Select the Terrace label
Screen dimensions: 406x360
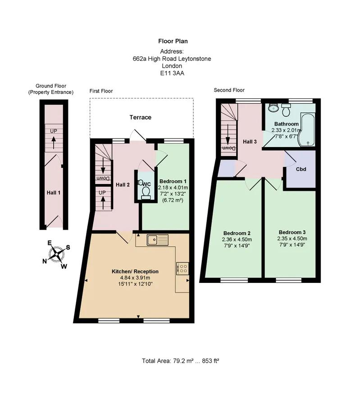tap(141, 117)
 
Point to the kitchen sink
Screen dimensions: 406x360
tap(157, 240)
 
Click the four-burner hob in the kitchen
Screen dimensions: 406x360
tap(183, 268)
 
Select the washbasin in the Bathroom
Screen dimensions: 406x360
tap(273, 108)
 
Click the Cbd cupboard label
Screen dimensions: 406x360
tap(301, 170)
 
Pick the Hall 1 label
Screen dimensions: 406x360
tap(53, 193)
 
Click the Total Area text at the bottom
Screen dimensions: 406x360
tap(180, 361)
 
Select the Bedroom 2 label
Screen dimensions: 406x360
tap(237, 232)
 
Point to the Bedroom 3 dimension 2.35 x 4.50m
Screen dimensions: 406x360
tap(292, 239)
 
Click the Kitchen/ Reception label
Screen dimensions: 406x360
tap(135, 272)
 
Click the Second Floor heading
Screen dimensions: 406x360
tap(230, 90)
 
